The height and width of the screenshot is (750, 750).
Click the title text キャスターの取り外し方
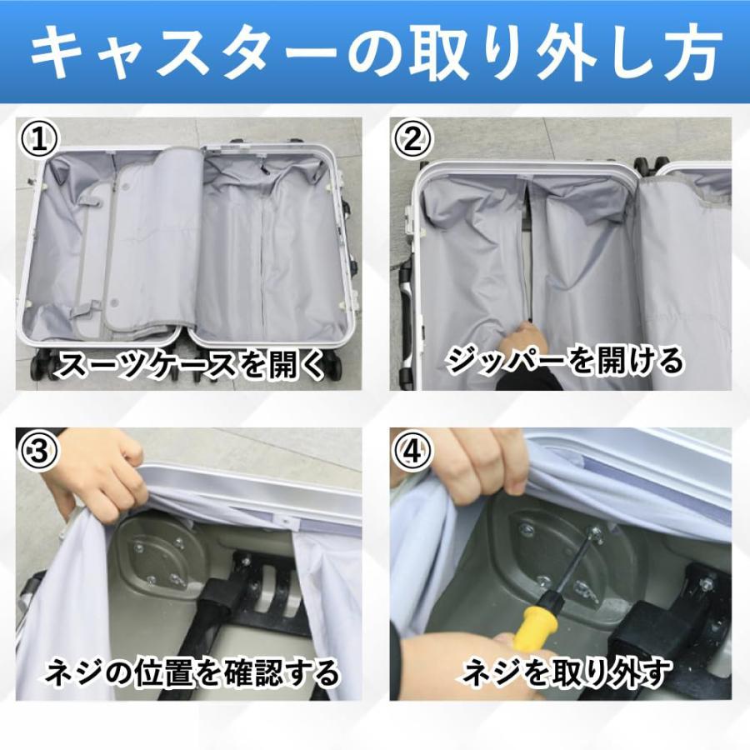(375, 52)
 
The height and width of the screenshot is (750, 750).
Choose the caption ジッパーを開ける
(564, 361)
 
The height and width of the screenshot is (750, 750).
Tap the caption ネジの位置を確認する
(192, 672)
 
